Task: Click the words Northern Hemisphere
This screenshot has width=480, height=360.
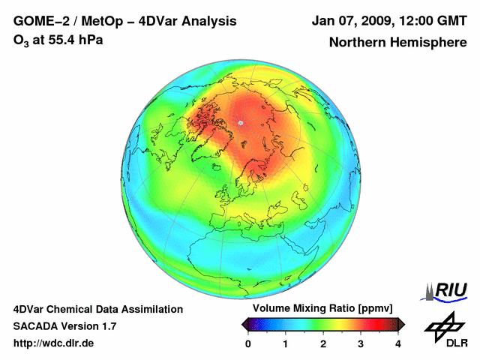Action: click(397, 43)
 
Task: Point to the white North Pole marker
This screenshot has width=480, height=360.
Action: click(240, 122)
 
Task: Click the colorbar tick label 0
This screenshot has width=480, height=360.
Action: click(248, 343)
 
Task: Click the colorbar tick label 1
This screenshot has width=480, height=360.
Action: click(286, 343)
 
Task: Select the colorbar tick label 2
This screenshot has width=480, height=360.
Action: click(323, 343)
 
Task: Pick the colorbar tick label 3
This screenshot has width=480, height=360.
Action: click(361, 343)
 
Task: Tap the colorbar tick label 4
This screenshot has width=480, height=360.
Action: click(398, 343)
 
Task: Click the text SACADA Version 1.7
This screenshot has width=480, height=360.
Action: click(64, 326)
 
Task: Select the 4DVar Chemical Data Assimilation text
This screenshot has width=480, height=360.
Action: click(97, 309)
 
